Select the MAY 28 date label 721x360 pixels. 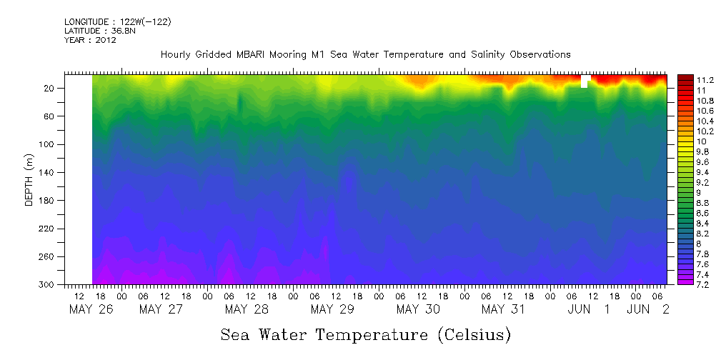coord(247,309)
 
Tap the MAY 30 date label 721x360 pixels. coord(418,309)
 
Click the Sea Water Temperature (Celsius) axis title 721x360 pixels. coord(366,334)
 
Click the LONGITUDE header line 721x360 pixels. coord(117,22)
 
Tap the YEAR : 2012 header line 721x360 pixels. coord(90,40)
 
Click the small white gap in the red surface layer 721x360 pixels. coord(585,81)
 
